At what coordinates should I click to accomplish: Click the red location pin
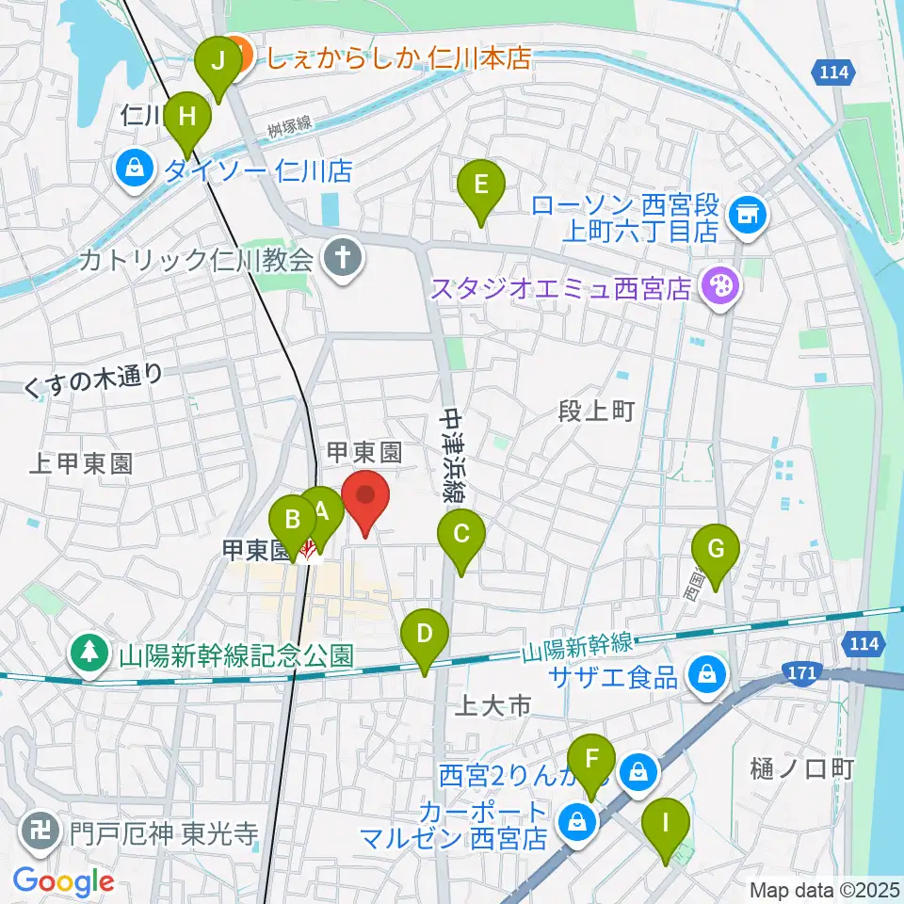pos(364,499)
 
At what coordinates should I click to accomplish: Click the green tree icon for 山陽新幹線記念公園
pos(90,654)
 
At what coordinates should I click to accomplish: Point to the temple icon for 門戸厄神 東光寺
pos(42,833)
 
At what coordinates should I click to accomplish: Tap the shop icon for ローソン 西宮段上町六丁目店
pos(751,217)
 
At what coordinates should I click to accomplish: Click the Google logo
pos(63,881)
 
